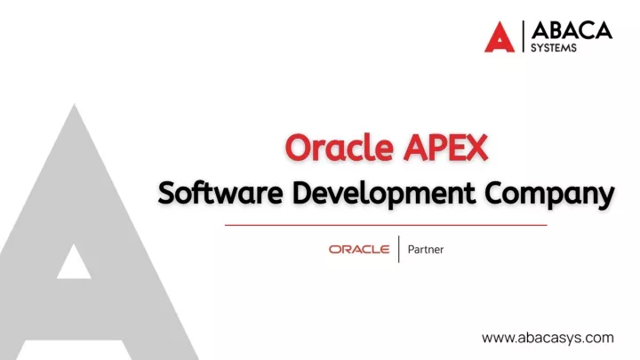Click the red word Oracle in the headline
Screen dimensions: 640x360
pyautogui.click(x=340, y=147)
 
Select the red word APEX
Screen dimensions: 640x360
pyautogui.click(x=445, y=148)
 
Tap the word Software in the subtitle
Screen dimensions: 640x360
pyautogui.click(x=220, y=193)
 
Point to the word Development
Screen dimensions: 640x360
pyautogui.click(x=384, y=195)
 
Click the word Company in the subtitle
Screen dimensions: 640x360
pyautogui.click(x=549, y=195)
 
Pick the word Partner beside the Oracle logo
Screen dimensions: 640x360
pyautogui.click(x=425, y=250)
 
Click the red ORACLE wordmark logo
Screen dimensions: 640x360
pyautogui.click(x=359, y=249)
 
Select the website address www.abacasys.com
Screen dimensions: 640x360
pyautogui.click(x=548, y=338)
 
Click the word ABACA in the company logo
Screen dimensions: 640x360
pyautogui.click(x=572, y=30)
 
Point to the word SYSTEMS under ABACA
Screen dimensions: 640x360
pyautogui.click(x=554, y=48)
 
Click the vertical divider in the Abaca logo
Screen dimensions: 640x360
pyautogui.click(x=523, y=36)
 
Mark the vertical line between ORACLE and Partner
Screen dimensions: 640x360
pyautogui.click(x=399, y=249)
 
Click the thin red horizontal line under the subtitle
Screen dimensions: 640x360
pyautogui.click(x=386, y=225)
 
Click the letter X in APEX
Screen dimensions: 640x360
pyautogui.click(x=476, y=148)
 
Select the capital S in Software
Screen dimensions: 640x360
pyautogui.click(x=168, y=193)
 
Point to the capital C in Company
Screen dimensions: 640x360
pyautogui.click(x=495, y=193)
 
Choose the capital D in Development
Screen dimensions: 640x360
pyautogui.click(x=303, y=193)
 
